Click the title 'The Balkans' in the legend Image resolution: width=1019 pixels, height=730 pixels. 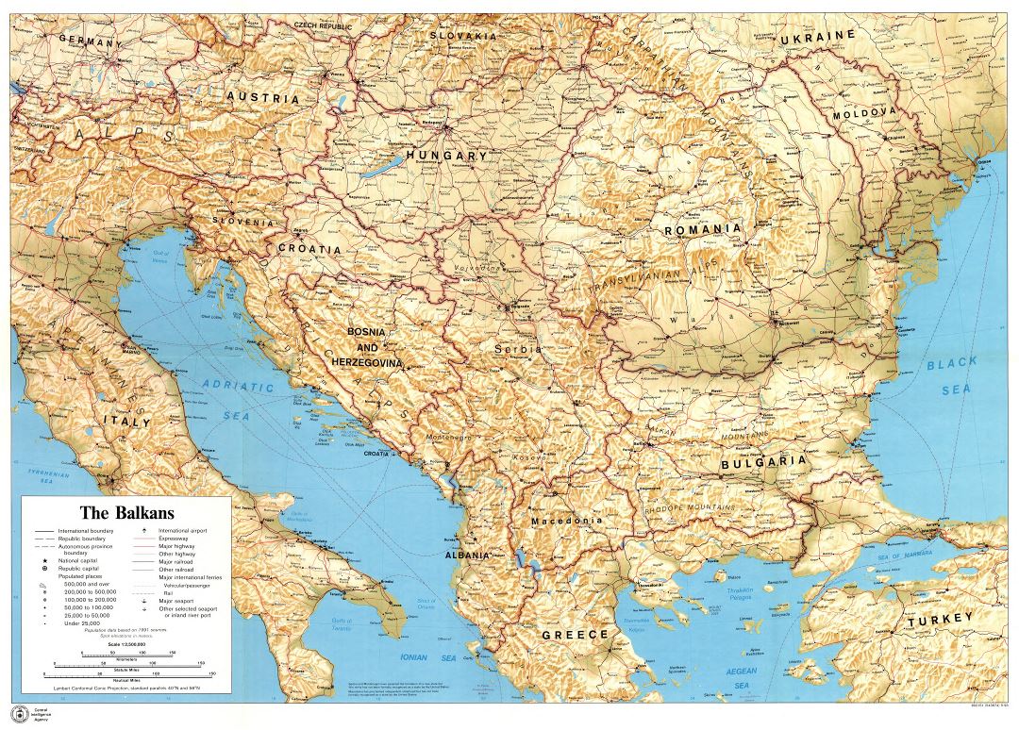pos(125,513)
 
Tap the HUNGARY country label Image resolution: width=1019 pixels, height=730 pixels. pos(446,156)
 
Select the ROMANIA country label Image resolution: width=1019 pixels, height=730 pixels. pos(702,229)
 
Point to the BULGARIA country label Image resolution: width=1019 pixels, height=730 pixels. pos(763,462)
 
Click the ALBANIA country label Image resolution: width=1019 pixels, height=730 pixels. pos(467,556)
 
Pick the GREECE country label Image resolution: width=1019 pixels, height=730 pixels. pos(575,635)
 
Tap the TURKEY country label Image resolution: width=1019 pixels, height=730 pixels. pos(939,620)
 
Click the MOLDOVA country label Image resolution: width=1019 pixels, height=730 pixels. pos(862,112)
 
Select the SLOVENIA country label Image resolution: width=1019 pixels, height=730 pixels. pos(243,223)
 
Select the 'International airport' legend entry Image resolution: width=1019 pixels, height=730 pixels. pos(185,531)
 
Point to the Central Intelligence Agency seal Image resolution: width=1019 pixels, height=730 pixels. pos(16,711)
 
